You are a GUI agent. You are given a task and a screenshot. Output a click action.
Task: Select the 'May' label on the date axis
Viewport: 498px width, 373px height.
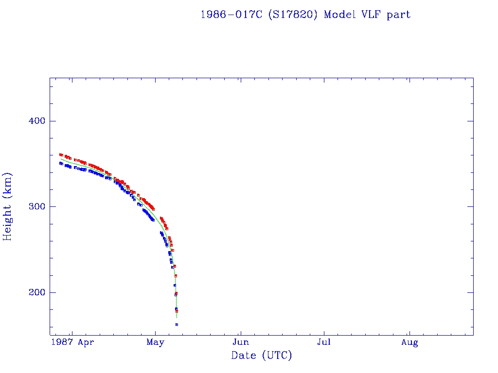[x=155, y=343]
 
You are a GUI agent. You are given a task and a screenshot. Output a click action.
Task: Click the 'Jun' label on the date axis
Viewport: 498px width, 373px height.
[x=241, y=343]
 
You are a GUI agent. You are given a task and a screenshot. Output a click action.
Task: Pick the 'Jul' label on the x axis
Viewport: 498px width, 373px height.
[x=324, y=343]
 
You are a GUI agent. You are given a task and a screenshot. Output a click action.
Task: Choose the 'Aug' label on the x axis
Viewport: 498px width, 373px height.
[x=409, y=343]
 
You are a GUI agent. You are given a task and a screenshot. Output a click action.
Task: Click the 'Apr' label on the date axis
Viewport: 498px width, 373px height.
[x=86, y=343]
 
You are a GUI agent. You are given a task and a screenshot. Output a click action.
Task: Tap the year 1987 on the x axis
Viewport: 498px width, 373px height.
[x=62, y=343]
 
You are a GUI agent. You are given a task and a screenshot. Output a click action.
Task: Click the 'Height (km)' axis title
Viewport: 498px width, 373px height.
[x=8, y=206]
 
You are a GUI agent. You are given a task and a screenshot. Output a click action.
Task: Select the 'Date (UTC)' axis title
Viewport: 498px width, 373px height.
[x=262, y=356]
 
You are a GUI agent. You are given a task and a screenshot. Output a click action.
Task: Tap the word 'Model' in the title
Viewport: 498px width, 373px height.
[x=339, y=15]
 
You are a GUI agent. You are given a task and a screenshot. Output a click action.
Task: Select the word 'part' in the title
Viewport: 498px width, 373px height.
[x=399, y=15]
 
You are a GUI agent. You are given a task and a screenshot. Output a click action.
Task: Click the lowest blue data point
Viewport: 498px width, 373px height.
[x=177, y=324]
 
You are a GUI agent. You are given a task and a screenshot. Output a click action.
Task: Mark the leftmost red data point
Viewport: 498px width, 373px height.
[x=60, y=154]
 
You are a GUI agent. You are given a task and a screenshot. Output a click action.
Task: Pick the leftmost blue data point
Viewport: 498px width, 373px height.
[x=60, y=163]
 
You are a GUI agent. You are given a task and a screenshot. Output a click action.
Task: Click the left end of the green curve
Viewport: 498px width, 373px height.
[x=60, y=159]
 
